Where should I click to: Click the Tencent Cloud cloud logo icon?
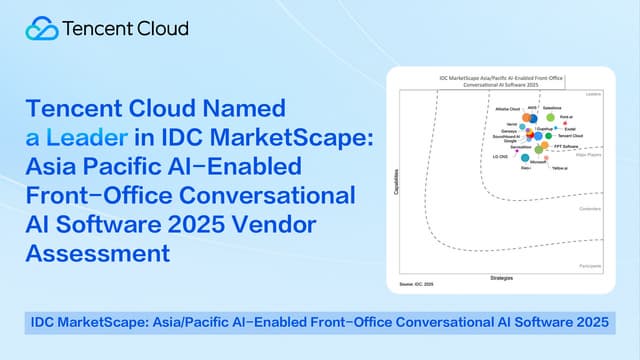coord(42,28)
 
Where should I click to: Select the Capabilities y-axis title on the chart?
coord(399,186)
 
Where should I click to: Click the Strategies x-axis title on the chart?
coord(502,277)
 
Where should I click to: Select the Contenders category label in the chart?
coord(590,208)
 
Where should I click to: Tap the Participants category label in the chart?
coord(589,266)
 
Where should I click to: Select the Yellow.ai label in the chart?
coord(561,168)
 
